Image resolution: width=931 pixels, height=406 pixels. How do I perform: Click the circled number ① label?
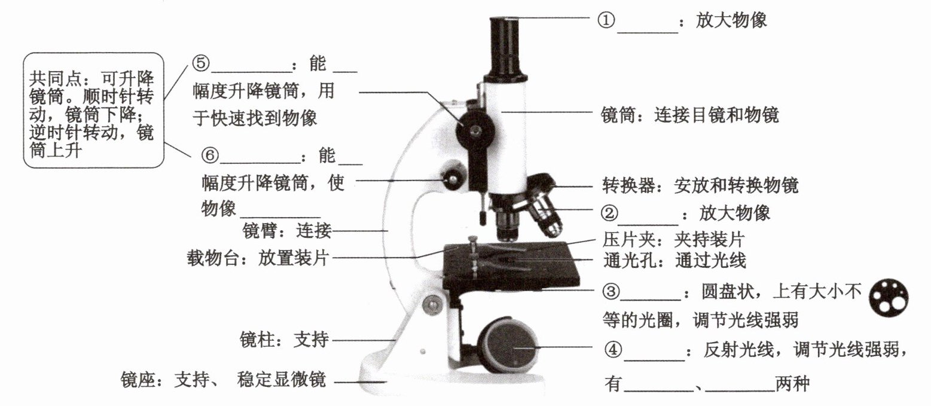click(x=606, y=21)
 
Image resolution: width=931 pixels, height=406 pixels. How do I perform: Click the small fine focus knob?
click(x=453, y=177)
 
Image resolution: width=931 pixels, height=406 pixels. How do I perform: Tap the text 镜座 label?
click(x=138, y=379)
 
